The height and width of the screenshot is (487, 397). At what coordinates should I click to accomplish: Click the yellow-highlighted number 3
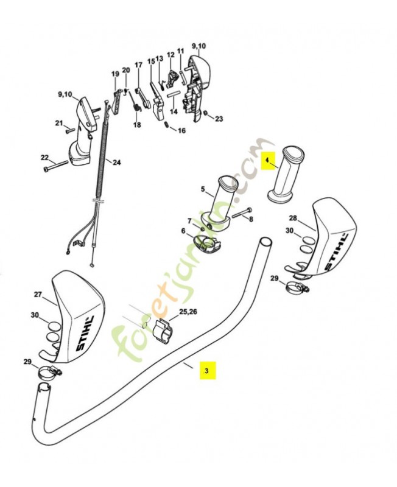[206, 370]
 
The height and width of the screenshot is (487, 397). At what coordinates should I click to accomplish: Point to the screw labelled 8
[241, 213]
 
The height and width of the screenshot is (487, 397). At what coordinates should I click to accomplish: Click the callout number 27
[37, 294]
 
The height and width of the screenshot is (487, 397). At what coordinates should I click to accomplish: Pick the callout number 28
[292, 218]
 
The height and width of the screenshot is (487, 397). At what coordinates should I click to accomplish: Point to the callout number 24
[116, 163]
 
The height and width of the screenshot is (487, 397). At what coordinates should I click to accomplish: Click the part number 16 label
[181, 130]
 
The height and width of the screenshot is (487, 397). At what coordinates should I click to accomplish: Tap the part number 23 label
[219, 118]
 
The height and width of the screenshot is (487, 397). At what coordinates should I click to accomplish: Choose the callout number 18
[137, 125]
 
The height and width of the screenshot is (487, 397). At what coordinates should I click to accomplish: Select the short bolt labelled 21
[69, 129]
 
